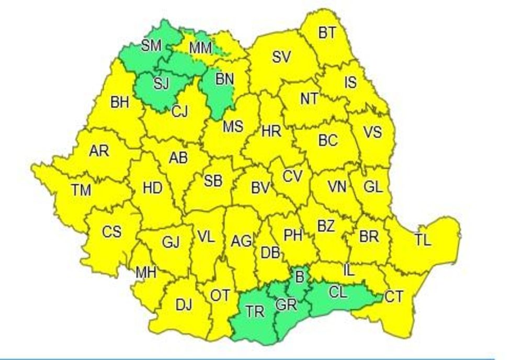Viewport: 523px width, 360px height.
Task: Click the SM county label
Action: tap(151, 46)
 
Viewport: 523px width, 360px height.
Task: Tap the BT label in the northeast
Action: tap(327, 33)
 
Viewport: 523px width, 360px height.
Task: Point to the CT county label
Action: tap(394, 297)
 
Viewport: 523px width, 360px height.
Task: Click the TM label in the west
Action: tap(81, 190)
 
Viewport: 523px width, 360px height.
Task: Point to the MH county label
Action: tap(145, 272)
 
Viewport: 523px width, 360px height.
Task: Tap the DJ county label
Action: tap(184, 305)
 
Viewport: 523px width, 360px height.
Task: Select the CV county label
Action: tap(292, 176)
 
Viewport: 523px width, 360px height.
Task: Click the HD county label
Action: tap(152, 188)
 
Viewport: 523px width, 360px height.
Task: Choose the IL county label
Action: tap(349, 270)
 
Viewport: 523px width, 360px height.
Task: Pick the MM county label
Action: tap(200, 48)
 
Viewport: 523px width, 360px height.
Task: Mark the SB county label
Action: tap(213, 181)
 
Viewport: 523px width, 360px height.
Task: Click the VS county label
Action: tap(372, 132)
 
